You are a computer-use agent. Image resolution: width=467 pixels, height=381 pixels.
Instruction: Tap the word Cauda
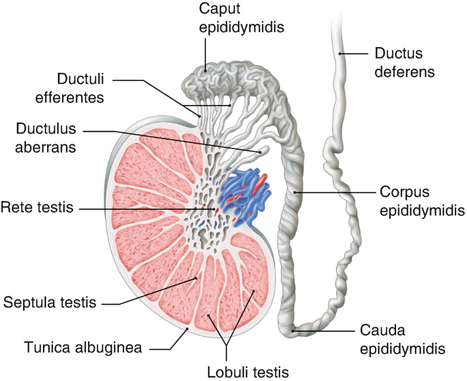click(x=381, y=331)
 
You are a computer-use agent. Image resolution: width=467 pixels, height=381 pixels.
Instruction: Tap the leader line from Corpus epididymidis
click(x=334, y=194)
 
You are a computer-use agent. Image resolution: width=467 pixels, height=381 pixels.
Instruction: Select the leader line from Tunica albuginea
click(x=174, y=340)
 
